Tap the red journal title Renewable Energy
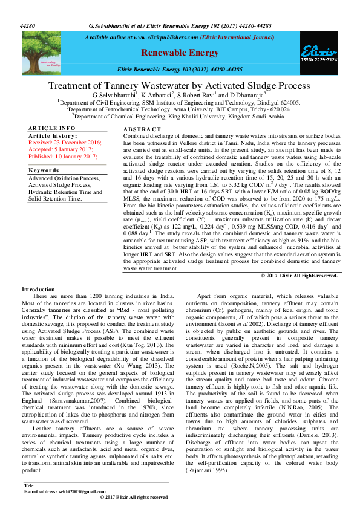click(180, 53)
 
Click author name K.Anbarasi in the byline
click(157, 96)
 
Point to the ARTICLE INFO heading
click(52, 129)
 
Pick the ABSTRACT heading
click(142, 129)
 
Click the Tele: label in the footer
click(30, 485)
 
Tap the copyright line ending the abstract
click(299, 275)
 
